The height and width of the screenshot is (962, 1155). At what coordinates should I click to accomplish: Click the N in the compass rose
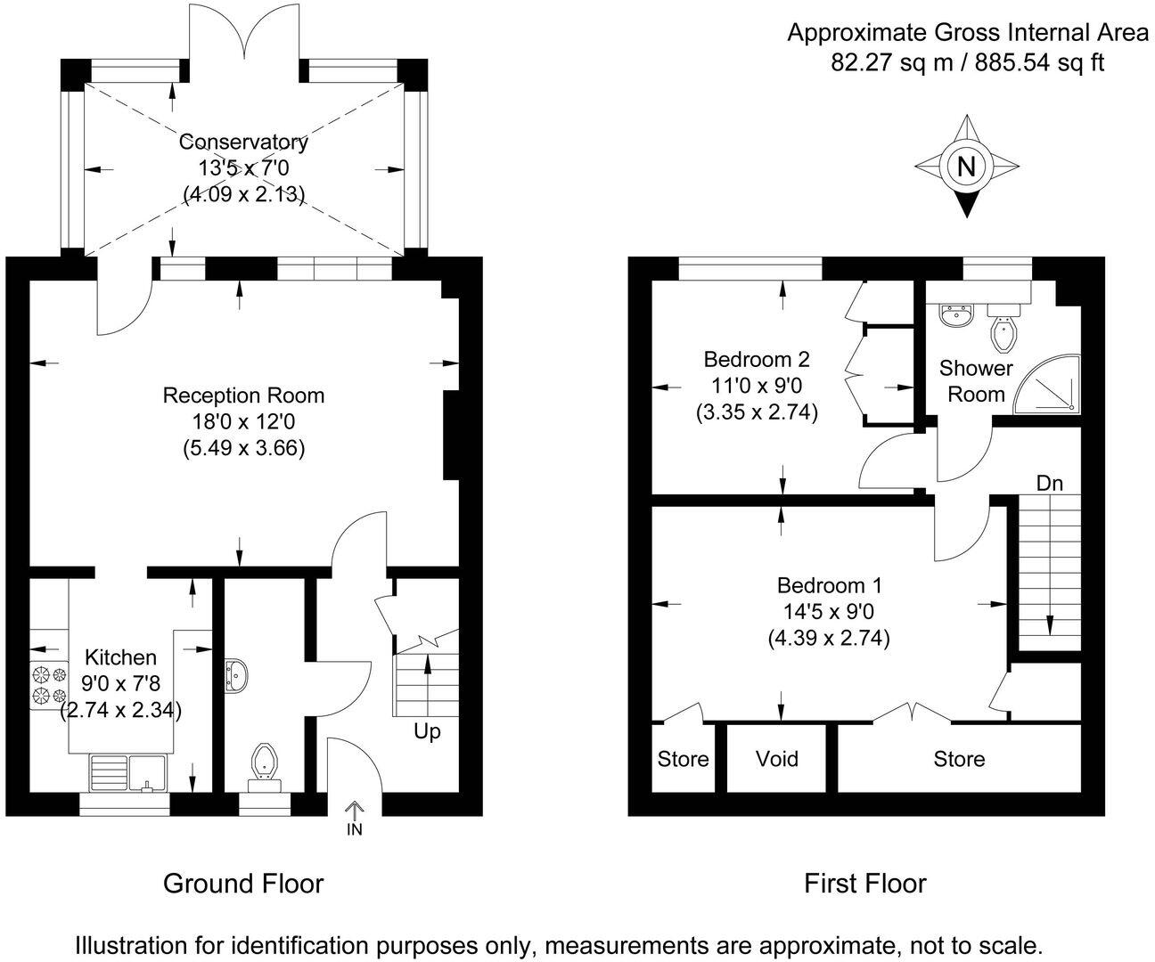pos(967,167)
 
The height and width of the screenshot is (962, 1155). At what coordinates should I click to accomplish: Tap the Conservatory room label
pos(243,142)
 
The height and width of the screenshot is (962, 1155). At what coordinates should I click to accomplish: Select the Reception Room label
pos(243,395)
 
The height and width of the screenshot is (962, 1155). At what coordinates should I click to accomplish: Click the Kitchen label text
pos(120,657)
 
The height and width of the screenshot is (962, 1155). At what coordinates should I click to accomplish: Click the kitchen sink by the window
pos(129,769)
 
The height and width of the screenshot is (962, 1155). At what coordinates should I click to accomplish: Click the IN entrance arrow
pos(355,813)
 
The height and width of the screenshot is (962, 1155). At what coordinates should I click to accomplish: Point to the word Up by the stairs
pos(427,732)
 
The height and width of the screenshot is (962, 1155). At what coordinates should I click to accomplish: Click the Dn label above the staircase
pos(1049,484)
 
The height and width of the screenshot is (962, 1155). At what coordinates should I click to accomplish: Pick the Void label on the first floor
pos(776,759)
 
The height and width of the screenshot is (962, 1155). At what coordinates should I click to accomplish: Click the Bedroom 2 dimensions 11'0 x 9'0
pos(757,387)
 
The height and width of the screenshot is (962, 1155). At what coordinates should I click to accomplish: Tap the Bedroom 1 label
pos(829,585)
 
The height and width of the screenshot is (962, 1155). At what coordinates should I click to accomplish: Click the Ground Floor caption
pos(242,884)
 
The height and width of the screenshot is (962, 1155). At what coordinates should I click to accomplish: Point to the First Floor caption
pos(864,884)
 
